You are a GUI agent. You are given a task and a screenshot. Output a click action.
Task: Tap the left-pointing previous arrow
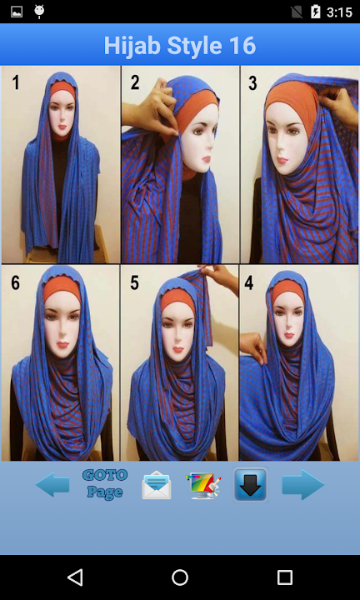(52, 485)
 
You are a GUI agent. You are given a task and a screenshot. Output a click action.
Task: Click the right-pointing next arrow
(303, 484)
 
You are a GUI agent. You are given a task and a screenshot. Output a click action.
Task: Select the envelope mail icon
(157, 485)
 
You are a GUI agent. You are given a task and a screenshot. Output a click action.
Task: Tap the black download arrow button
(251, 485)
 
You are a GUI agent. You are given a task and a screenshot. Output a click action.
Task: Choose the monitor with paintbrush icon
(203, 485)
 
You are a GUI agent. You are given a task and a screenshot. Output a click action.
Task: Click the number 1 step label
(16, 82)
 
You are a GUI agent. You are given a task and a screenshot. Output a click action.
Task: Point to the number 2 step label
(135, 82)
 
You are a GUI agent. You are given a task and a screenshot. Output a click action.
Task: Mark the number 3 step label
(252, 83)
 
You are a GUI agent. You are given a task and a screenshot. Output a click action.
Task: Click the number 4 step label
(249, 282)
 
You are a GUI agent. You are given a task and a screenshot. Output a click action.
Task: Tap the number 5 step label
(134, 282)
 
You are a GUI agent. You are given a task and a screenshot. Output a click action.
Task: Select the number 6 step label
(15, 282)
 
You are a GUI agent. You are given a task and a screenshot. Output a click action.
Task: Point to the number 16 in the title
(242, 46)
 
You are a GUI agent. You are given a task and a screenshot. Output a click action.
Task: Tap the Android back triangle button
(75, 577)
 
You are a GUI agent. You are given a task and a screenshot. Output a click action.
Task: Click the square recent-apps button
(285, 577)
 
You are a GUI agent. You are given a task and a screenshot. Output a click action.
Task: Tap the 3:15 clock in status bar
(339, 12)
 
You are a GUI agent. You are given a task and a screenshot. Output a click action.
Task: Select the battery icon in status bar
(315, 12)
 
